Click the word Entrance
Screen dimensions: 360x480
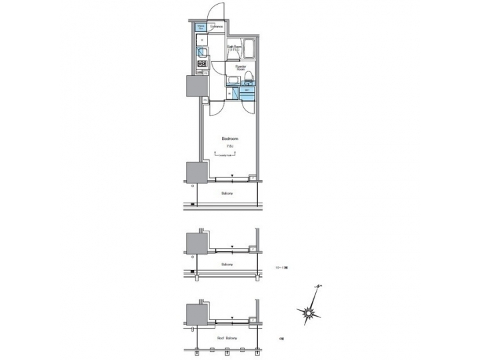[x=217, y=27]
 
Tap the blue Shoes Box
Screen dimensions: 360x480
[x=201, y=27]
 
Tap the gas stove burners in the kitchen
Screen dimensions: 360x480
[x=201, y=64]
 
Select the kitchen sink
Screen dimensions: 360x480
[x=203, y=53]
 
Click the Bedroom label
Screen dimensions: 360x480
[x=231, y=139]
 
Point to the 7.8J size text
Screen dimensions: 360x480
[x=230, y=146]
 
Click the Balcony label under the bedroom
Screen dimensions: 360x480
[x=227, y=193]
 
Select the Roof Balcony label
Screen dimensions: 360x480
[x=227, y=339]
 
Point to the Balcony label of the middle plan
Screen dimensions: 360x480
[x=227, y=265]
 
